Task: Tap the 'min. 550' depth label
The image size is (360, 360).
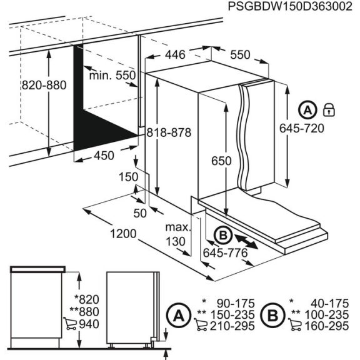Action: point(112,76)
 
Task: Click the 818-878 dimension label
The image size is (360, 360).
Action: point(167,133)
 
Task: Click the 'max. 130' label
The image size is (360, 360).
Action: point(178,234)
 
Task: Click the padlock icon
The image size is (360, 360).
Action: point(328,111)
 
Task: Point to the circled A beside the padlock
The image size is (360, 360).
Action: point(307,111)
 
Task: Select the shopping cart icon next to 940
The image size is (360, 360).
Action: point(70,323)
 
